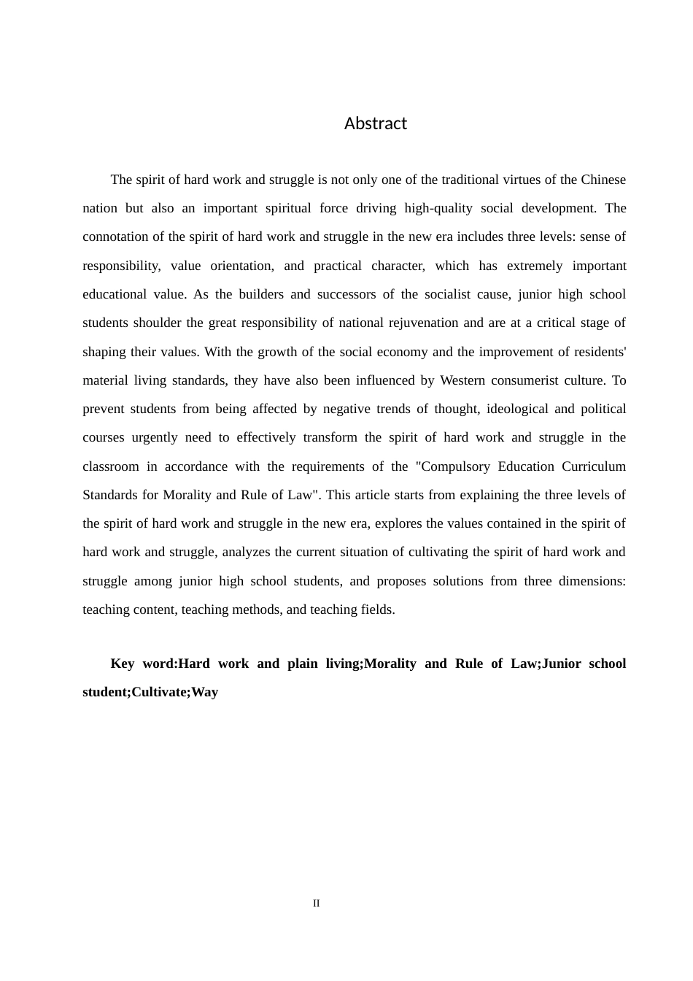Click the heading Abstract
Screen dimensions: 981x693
375,123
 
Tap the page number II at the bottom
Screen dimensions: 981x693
316,904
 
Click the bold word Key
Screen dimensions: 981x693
123,663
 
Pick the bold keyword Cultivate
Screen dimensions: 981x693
160,692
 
